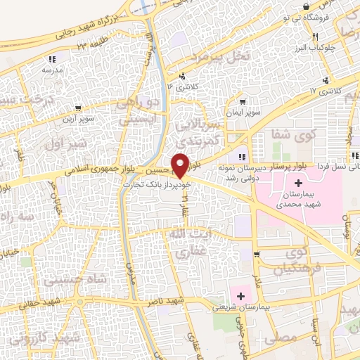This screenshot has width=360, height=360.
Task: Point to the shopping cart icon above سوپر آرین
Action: [x=77, y=109]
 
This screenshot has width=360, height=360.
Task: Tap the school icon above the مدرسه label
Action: [x=51, y=59]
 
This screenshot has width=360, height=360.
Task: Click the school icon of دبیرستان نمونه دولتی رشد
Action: [x=241, y=156]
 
